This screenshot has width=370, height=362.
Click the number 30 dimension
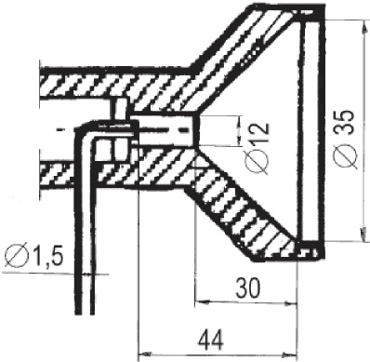pyautogui.click(x=247, y=287)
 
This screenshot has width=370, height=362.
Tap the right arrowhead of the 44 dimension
pyautogui.click(x=289, y=354)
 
